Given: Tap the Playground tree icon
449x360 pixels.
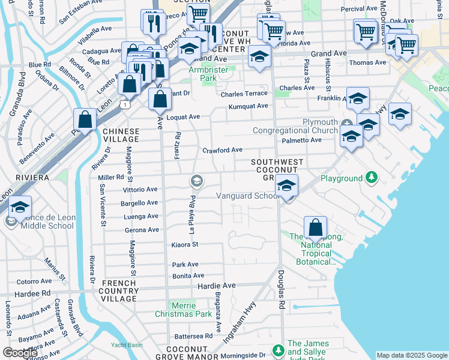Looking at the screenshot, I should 372,178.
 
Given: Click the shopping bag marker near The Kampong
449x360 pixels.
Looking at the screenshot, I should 315,229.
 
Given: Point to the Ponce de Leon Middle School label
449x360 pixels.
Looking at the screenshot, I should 47,221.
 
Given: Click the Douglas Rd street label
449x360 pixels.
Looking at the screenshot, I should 281,290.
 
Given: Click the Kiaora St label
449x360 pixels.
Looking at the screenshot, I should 185,245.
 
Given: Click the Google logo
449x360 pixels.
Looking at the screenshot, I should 20,352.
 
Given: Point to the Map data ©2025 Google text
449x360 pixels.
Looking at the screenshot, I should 411,355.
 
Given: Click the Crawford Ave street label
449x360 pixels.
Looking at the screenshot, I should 222,150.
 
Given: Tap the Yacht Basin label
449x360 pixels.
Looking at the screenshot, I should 127,345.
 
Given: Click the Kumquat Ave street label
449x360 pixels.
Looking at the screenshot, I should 248,106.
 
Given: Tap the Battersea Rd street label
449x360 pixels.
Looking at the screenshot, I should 192,336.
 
